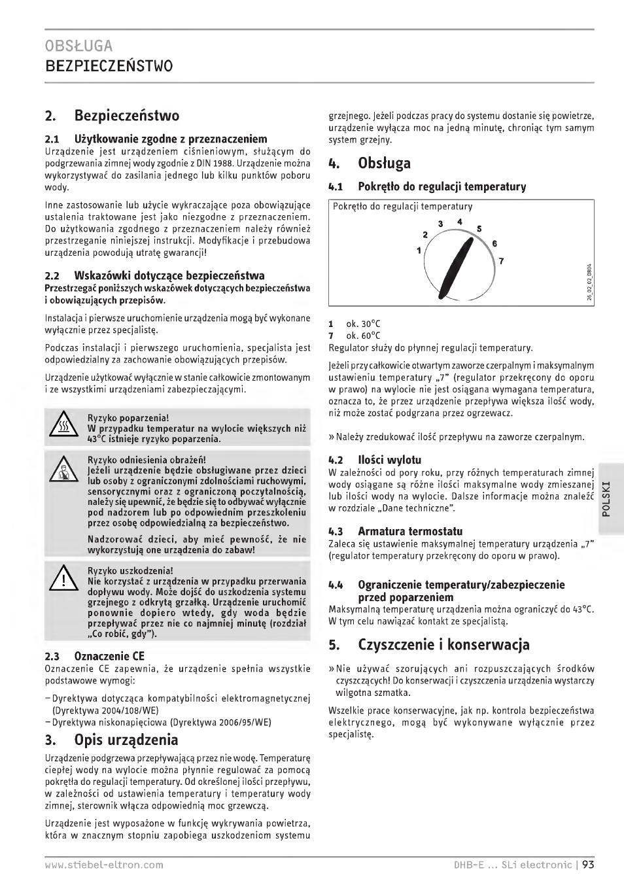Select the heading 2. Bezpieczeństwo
pos(112,116)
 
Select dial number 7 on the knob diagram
pos(501,261)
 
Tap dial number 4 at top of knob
pos(460,222)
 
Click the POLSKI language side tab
pos(606,499)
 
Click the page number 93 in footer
pos(587,865)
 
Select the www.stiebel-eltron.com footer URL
pos(104,865)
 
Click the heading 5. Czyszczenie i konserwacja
pos(429,644)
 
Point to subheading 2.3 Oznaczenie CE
pos(95,656)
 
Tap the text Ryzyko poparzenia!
pos(128,418)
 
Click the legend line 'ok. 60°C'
pos(363,336)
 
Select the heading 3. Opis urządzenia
pos(111,740)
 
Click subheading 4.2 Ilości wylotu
pos(375,460)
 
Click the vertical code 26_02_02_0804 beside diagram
pos(589,281)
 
